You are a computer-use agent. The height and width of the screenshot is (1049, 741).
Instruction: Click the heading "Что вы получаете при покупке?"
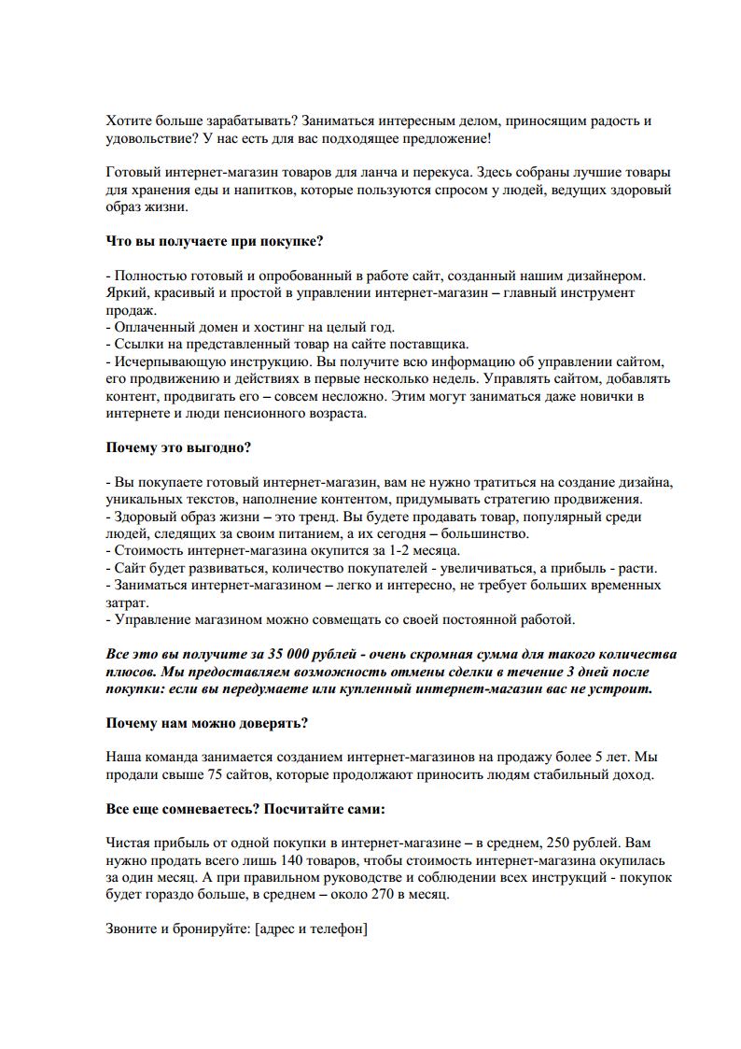[215, 241]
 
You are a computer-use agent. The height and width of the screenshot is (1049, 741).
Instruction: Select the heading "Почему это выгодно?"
[178, 447]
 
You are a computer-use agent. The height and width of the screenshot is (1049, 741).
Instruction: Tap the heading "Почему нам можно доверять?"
[207, 723]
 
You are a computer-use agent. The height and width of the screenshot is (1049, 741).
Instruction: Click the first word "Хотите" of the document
[127, 121]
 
